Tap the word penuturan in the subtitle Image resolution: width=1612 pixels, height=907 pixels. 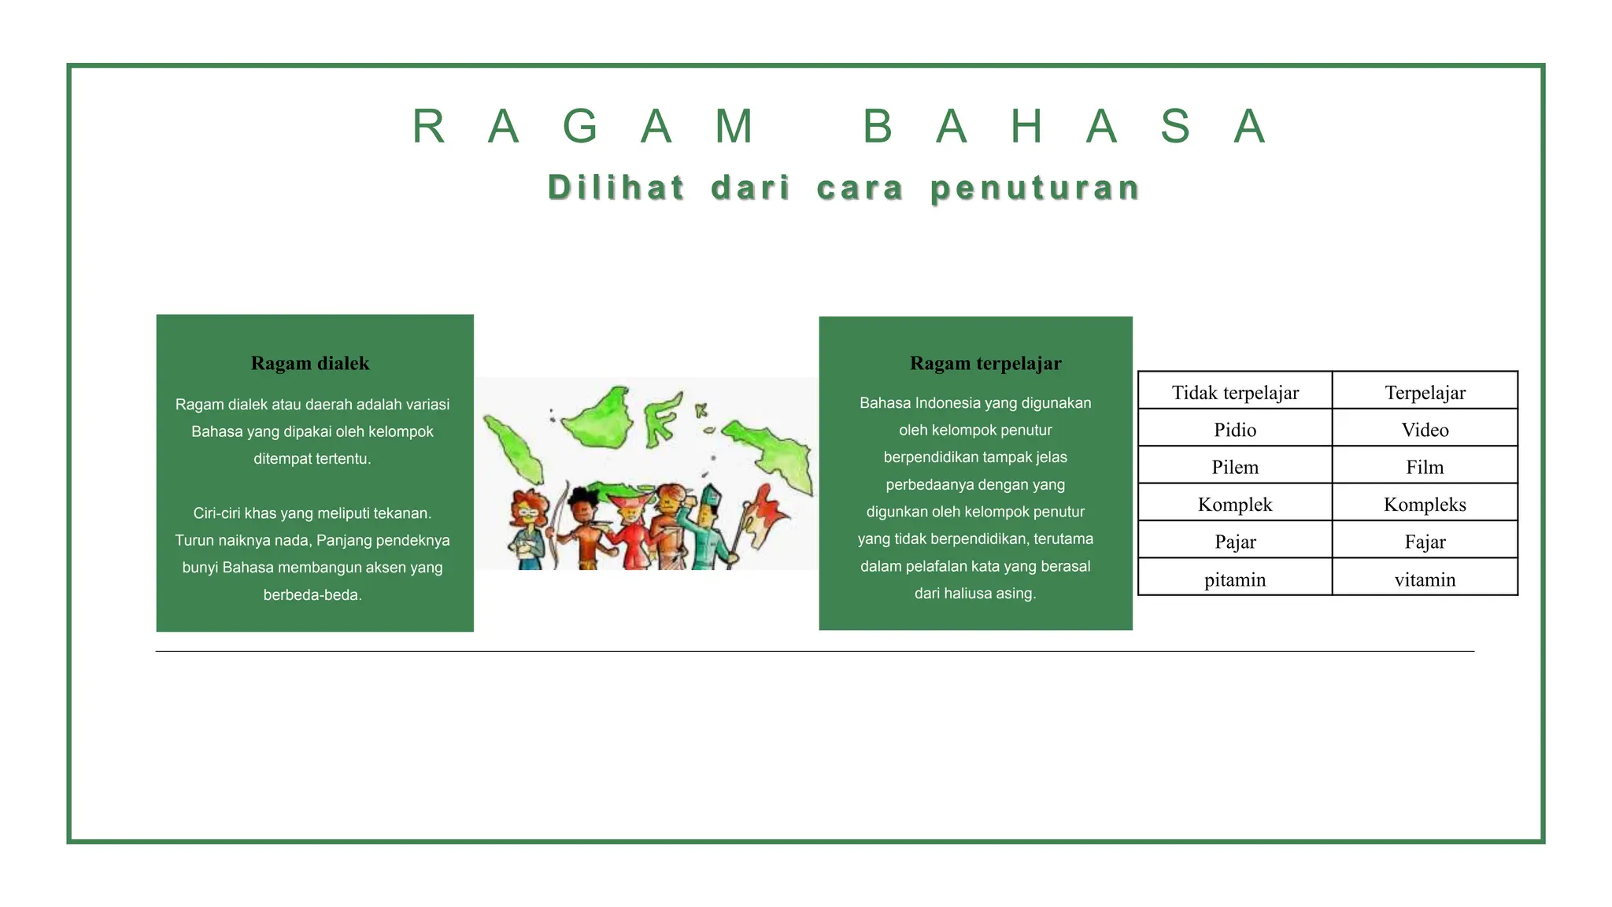tap(1035, 188)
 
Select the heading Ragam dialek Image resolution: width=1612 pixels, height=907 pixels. tap(310, 364)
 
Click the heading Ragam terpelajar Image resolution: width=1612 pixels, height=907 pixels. tap(985, 364)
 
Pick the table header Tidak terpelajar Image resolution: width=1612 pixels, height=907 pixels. tap(1234, 392)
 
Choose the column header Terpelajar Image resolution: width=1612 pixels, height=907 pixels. tap(1425, 392)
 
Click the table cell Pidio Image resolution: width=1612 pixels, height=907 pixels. tap(1234, 430)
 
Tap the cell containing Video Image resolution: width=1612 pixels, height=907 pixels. tap(1425, 430)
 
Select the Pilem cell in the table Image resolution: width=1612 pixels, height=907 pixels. tap(1234, 467)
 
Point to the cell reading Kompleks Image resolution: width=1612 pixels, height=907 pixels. tap(1425, 505)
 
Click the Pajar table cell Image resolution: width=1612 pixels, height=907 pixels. tap(1234, 542)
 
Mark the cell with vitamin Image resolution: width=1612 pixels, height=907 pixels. tap(1425, 579)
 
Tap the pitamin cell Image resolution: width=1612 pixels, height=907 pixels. tap(1234, 579)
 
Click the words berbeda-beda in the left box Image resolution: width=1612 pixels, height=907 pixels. tap(312, 595)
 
